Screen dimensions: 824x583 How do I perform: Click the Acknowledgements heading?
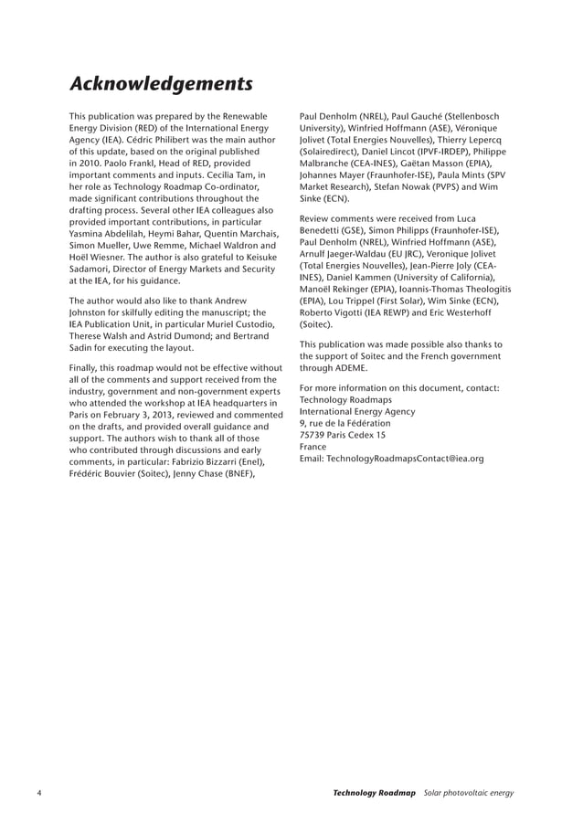tap(161, 84)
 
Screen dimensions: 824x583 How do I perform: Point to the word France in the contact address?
tap(313, 447)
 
